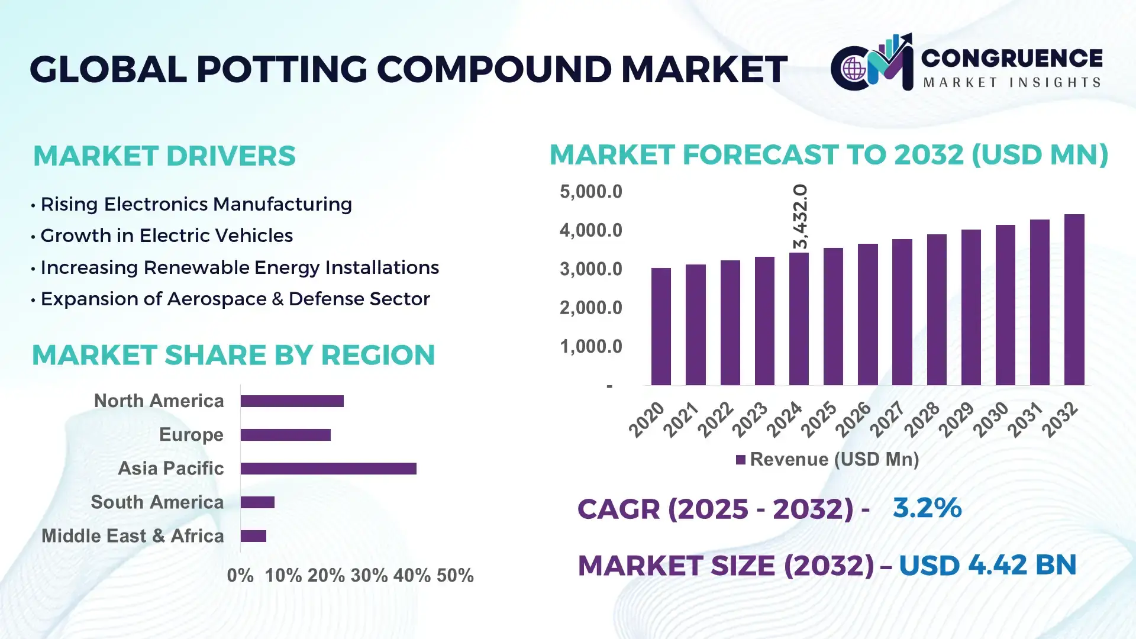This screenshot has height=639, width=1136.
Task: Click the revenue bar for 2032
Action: (x=1074, y=300)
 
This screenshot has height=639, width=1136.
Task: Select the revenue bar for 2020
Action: (x=661, y=327)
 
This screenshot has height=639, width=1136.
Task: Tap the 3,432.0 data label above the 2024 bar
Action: (x=800, y=216)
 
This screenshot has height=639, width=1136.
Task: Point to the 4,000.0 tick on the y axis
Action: (x=590, y=230)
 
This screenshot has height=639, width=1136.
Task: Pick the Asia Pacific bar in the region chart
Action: (x=328, y=469)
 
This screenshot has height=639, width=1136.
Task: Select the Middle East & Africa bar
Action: (x=253, y=536)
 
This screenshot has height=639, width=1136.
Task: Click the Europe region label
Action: (x=191, y=435)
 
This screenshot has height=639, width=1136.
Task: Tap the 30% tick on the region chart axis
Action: (x=369, y=575)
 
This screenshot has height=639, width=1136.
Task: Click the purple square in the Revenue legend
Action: (x=740, y=460)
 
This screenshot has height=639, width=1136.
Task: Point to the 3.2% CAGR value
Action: (x=927, y=508)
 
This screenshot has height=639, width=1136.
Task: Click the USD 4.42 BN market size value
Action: (x=987, y=565)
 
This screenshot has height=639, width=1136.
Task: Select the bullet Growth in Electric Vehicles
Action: (x=166, y=235)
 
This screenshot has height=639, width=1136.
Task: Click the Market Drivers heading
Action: (x=164, y=156)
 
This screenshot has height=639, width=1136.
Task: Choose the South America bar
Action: (x=257, y=502)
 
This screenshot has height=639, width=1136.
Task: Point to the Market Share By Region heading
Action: (x=233, y=355)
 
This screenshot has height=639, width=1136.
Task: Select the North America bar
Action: (x=292, y=401)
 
